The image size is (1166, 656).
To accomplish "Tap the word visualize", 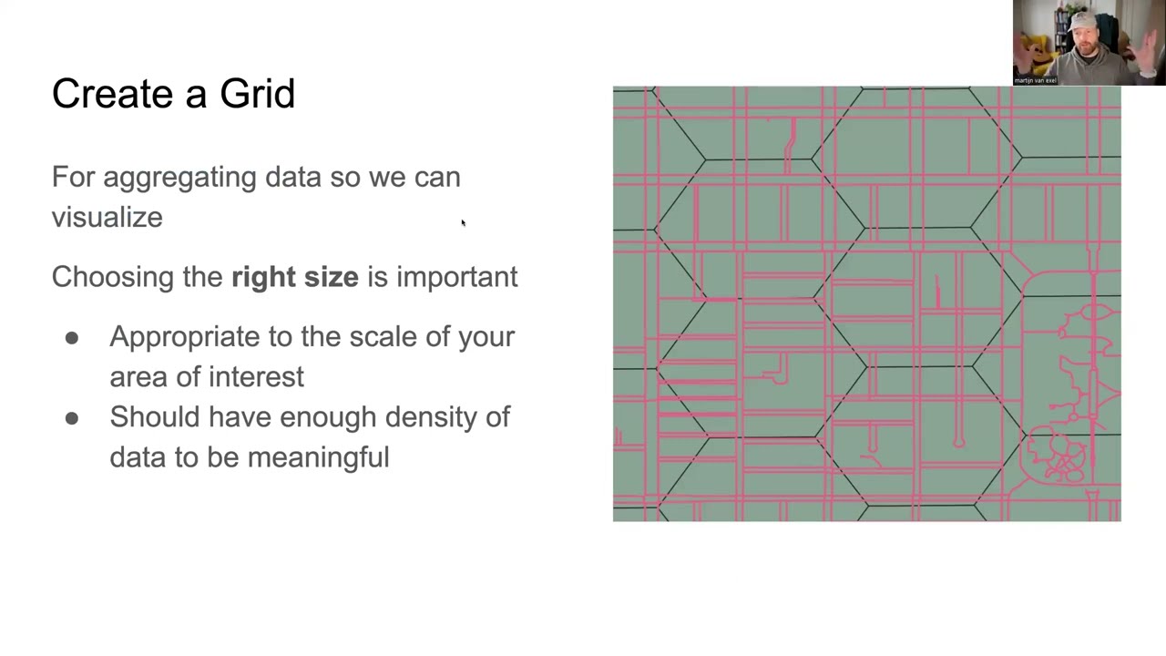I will tap(107, 218).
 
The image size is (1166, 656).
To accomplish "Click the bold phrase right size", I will tap(295, 277).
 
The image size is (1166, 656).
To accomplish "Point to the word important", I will tap(456, 277).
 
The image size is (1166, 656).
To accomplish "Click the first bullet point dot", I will tap(72, 338).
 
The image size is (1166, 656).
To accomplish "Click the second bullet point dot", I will tap(72, 418).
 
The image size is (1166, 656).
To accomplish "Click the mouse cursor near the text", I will tap(463, 222).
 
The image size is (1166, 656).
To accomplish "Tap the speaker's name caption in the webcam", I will tap(1035, 80).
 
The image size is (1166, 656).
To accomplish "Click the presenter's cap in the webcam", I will tap(1087, 18).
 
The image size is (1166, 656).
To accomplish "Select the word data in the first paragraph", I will tap(293, 178).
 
